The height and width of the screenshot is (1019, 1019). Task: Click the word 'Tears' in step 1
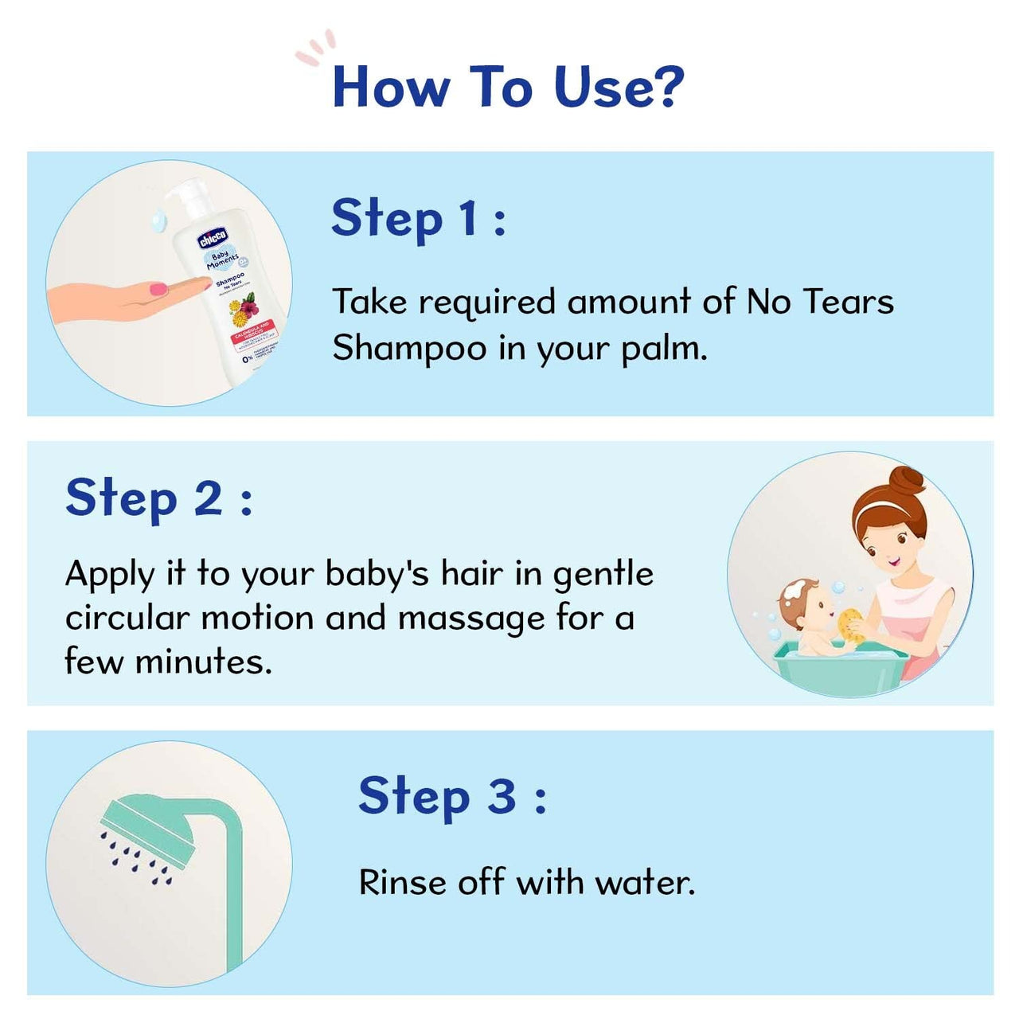(x=848, y=302)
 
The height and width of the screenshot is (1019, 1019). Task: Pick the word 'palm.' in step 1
(x=664, y=348)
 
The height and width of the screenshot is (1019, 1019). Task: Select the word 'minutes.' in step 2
(x=204, y=662)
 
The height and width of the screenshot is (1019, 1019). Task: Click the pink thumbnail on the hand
(x=160, y=288)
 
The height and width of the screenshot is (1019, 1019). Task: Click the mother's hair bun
(x=908, y=482)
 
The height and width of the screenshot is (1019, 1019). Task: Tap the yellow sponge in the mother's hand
(x=850, y=623)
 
